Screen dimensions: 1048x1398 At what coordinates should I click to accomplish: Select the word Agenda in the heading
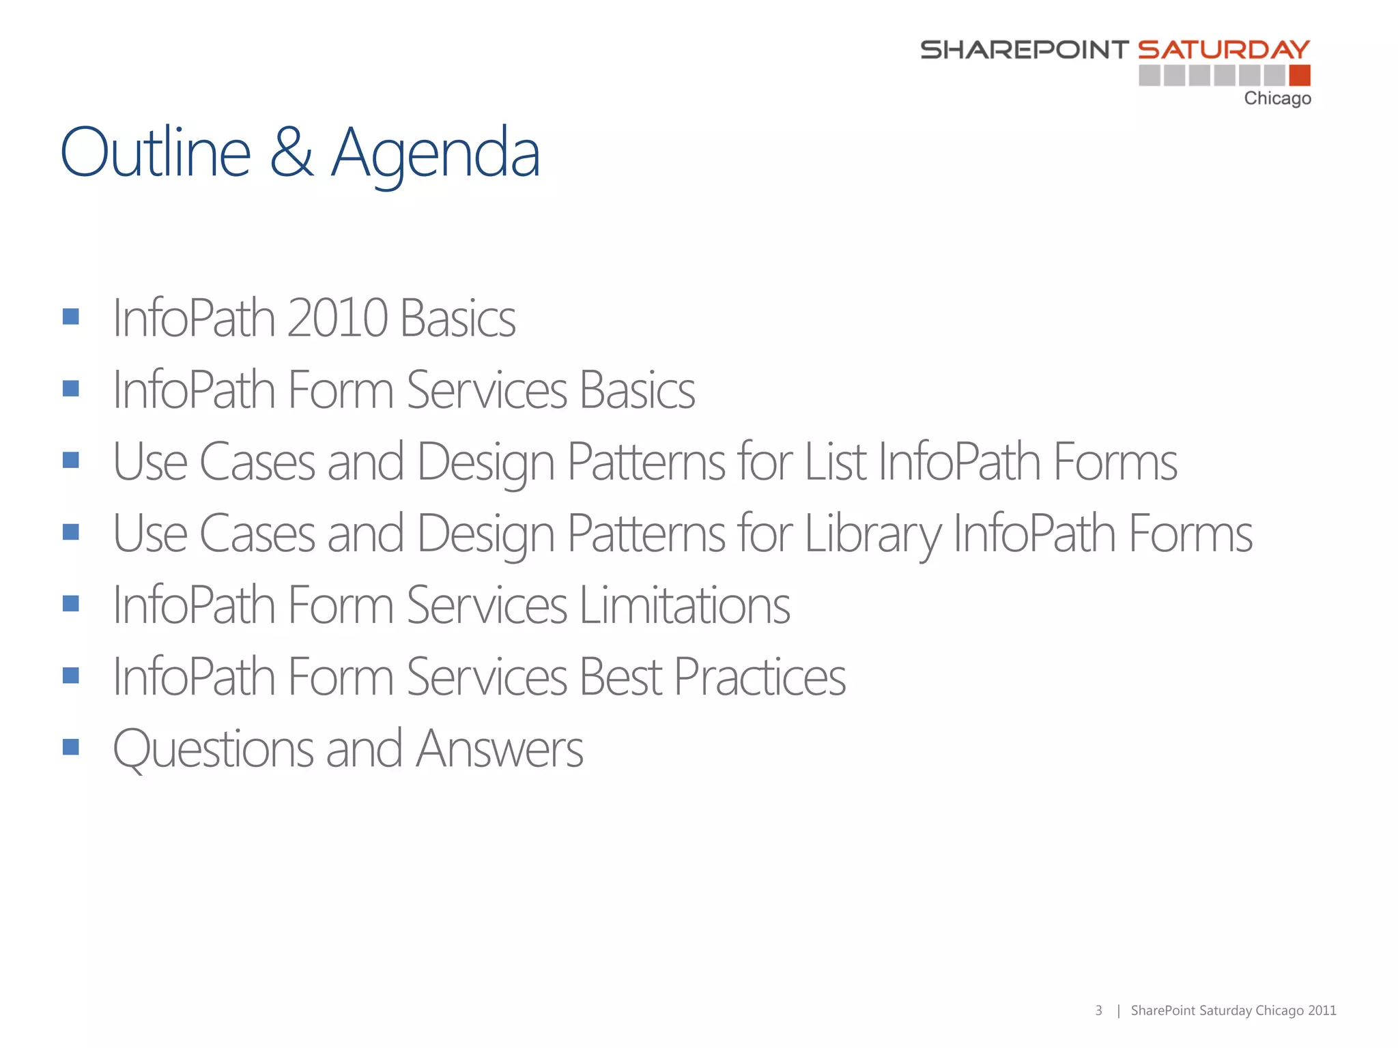[x=436, y=154]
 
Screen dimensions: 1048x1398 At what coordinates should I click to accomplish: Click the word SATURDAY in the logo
[x=1223, y=50]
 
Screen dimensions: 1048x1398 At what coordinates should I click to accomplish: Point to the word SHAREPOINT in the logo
[x=1025, y=50]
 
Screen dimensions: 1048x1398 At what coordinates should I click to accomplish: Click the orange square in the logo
[x=1300, y=75]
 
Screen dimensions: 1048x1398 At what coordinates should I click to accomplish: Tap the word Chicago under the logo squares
[x=1277, y=98]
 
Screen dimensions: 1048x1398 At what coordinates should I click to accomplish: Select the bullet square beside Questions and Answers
[x=71, y=746]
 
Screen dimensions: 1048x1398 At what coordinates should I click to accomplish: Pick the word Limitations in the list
[x=685, y=605]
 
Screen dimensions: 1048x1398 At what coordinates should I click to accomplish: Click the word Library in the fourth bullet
[x=873, y=534]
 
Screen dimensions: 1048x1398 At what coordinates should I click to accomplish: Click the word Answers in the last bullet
[x=499, y=748]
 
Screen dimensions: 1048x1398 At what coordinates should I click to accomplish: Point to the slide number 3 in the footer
[x=1098, y=1010]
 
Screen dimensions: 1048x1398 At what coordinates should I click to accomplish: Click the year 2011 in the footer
[x=1322, y=1010]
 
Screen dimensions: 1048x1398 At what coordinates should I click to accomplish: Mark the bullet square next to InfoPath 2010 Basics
[x=71, y=317]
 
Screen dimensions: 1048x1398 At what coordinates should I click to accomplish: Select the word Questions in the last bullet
[x=213, y=748]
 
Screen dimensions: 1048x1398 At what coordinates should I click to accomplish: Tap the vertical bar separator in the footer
[x=1118, y=1010]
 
